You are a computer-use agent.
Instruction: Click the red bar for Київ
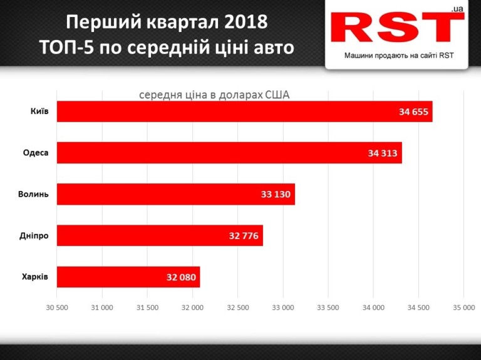point(244,111)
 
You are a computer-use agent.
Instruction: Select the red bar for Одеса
point(229,153)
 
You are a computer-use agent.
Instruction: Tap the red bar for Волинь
point(175,194)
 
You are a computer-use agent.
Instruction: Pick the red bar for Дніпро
point(160,235)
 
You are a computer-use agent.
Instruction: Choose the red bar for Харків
point(128,277)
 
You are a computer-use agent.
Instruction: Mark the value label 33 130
point(276,194)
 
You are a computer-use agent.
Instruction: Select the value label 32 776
point(244,235)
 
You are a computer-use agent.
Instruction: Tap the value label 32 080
point(180,277)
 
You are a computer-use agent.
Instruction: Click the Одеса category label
point(36,152)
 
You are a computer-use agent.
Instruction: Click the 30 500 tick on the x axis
point(57,307)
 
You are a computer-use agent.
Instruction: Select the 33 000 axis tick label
point(282,307)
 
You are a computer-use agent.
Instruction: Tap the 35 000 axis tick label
point(463,307)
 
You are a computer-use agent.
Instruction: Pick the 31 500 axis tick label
point(147,307)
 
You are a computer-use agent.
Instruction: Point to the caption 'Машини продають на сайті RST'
point(399,55)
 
